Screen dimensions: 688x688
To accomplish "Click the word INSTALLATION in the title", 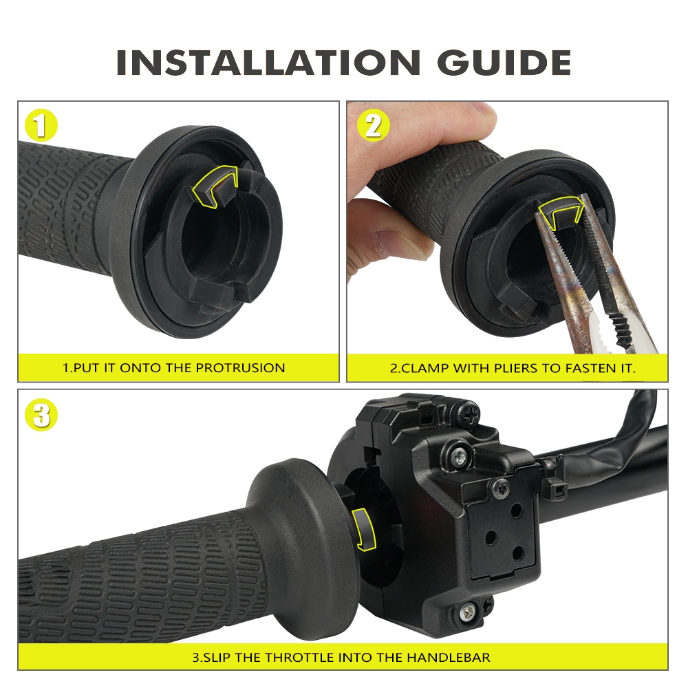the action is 268,62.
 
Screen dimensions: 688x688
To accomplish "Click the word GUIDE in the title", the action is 504,62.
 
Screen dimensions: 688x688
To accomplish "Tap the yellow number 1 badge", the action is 41,125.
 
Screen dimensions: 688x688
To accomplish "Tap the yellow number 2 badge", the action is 373,125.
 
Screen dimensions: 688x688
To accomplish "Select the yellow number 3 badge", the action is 41,415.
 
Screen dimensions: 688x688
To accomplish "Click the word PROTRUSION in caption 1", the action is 240,367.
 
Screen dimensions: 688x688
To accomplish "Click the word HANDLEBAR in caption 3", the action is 449,657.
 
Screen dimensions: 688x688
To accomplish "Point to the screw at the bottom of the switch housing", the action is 467,611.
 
